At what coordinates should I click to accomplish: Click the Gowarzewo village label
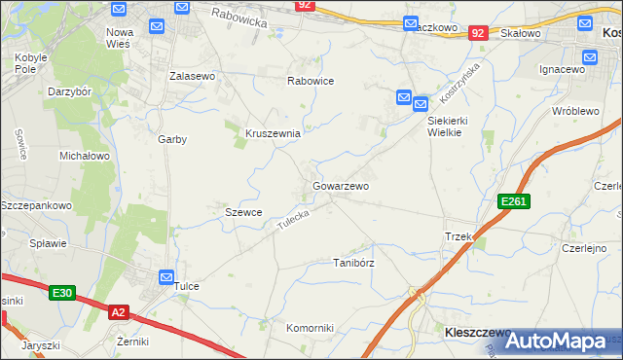(340, 185)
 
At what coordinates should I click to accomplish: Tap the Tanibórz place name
(353, 263)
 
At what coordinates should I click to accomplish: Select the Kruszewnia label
(272, 133)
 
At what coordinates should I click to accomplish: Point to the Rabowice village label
(311, 82)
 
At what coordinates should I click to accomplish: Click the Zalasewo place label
(192, 75)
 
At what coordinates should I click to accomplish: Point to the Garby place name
(172, 139)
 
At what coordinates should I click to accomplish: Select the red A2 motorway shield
(118, 311)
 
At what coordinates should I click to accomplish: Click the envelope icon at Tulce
(165, 277)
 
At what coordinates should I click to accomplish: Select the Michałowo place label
(85, 156)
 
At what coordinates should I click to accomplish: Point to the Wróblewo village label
(574, 111)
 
